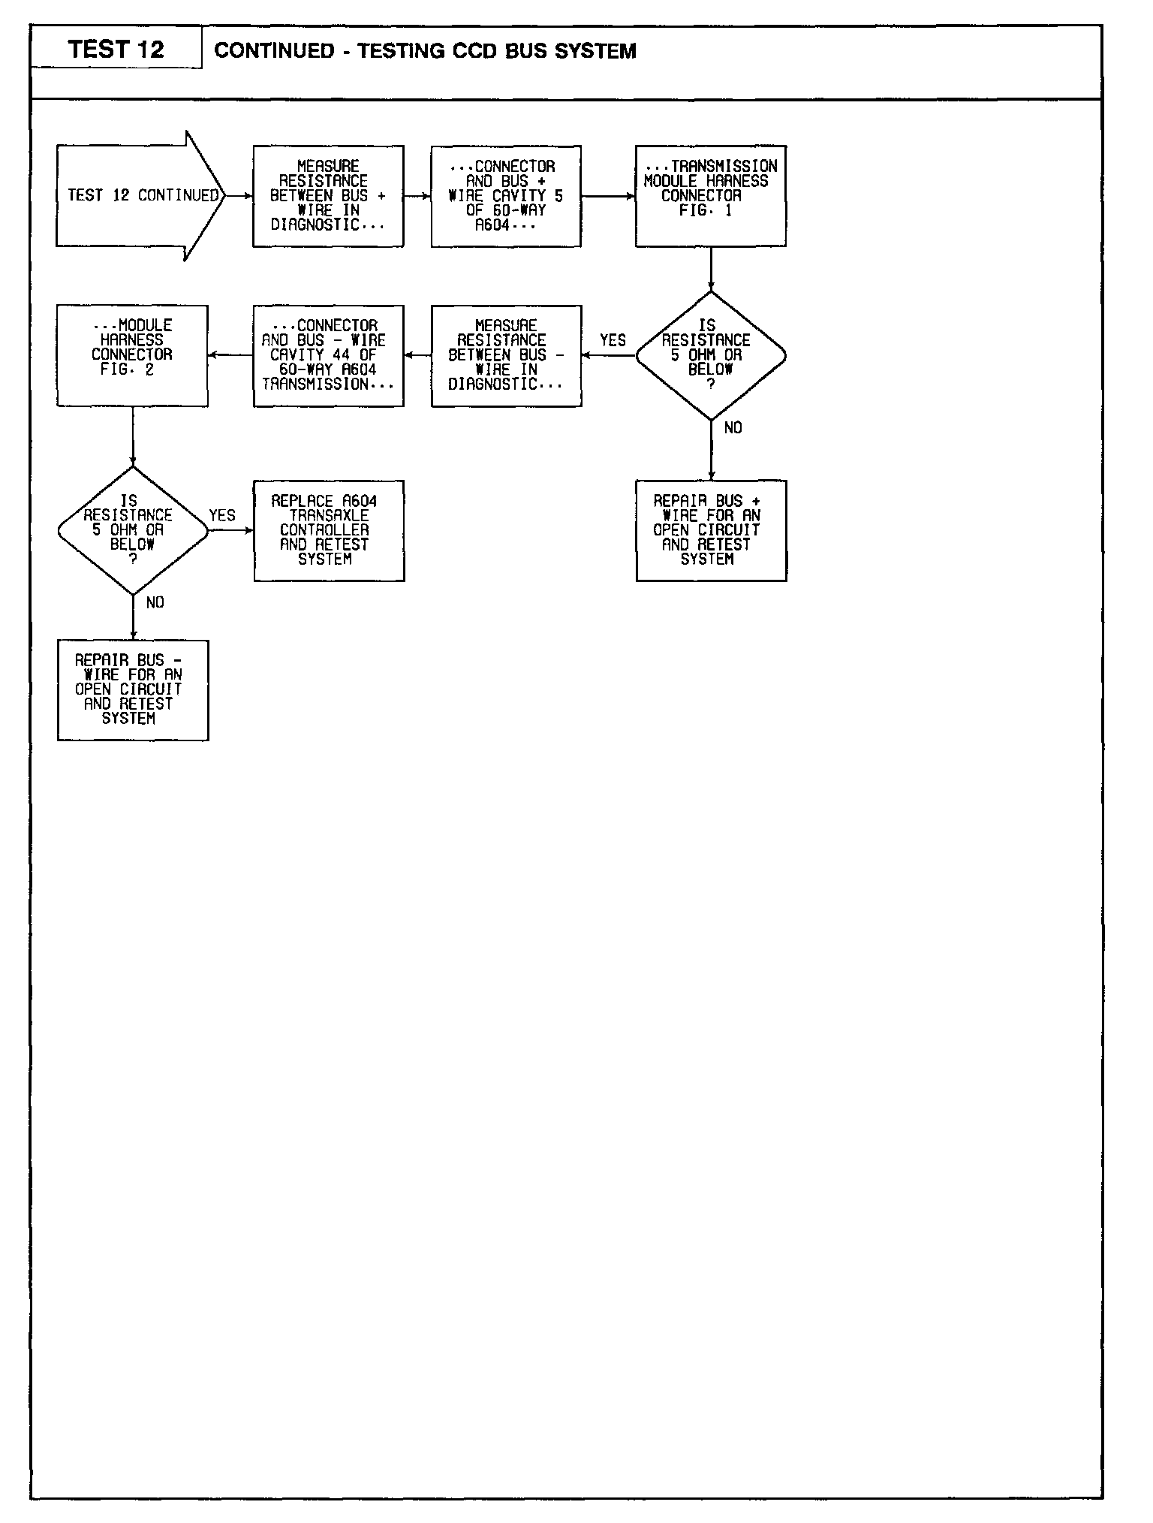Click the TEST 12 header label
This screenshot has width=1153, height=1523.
pos(116,50)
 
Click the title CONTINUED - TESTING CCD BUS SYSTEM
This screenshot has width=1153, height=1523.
pos(425,51)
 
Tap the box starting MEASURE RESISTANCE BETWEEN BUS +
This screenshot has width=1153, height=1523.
pos(328,196)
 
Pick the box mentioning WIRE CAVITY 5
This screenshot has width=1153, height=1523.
pos(506,196)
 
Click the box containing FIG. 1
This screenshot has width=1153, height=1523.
pos(710,196)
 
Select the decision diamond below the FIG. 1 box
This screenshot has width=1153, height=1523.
pos(710,355)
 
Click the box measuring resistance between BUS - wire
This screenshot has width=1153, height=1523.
pos(506,355)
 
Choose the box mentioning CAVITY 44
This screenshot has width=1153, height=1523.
pos(328,355)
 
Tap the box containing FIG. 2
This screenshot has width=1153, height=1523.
pos(132,355)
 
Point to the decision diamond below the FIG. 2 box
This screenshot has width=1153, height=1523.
pos(133,530)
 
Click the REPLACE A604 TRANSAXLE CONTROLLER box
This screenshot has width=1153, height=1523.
pos(329,530)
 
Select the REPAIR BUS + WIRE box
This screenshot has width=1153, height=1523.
pos(711,530)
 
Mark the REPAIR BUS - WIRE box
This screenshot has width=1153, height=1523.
pos(133,689)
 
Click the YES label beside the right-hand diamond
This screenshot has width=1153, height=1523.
pos(613,340)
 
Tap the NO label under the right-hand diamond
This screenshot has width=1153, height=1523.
pos(733,428)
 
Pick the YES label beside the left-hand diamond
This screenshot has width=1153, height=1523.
pos(222,515)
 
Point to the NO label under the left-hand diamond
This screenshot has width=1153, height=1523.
pos(155,603)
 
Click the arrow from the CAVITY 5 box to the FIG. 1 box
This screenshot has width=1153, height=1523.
pos(608,196)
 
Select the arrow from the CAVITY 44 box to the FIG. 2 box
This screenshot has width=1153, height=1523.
pos(230,355)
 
